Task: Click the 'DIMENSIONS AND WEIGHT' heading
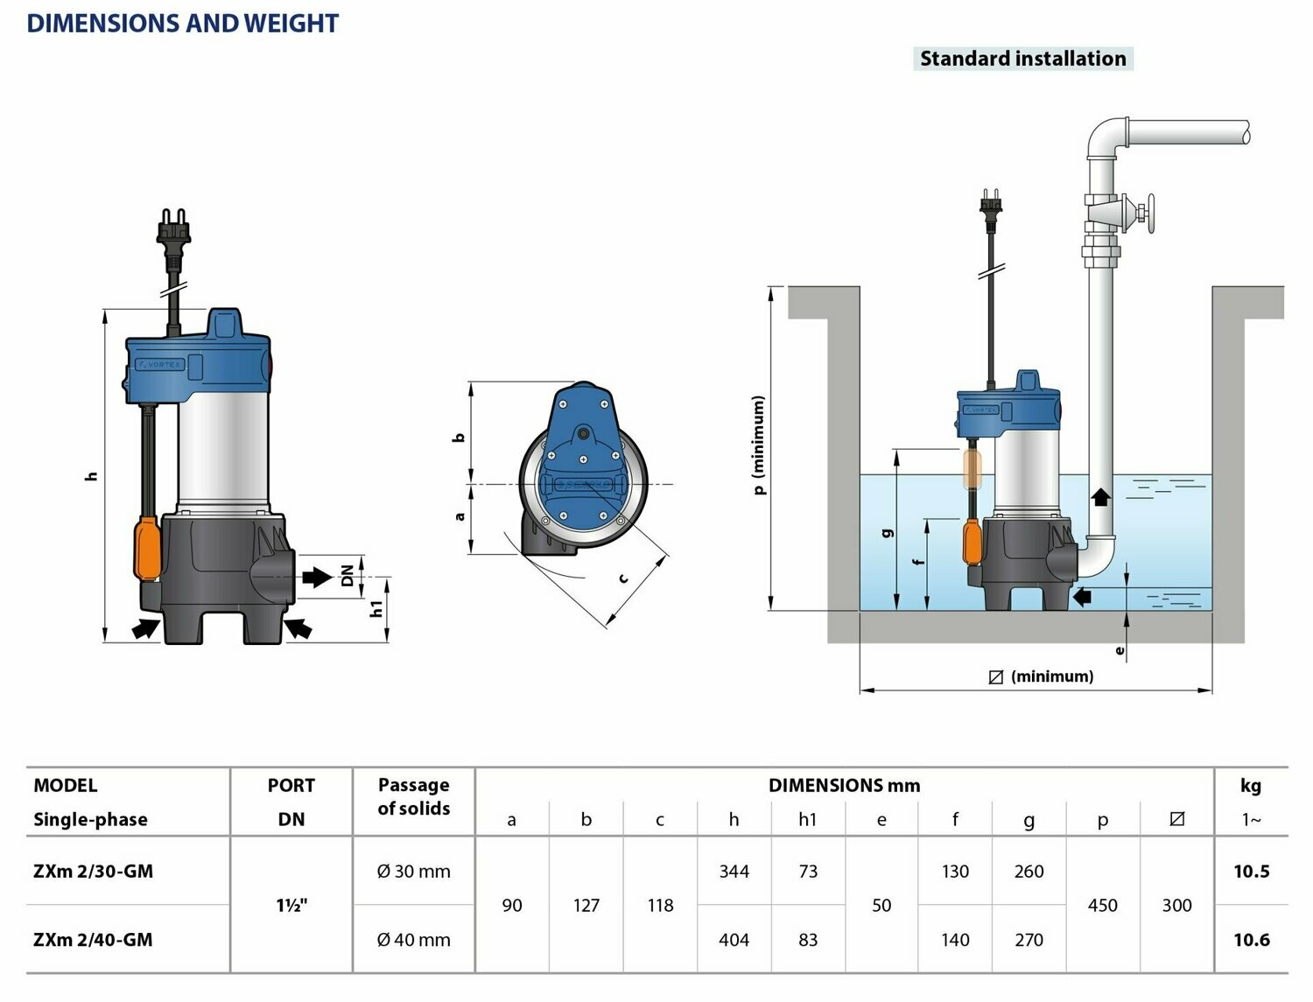[182, 24]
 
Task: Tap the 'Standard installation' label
[1022, 59]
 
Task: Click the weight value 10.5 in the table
[1251, 871]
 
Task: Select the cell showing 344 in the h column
[734, 871]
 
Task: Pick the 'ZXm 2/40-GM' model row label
[93, 940]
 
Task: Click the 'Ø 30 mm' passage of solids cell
[413, 871]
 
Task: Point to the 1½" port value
[291, 906]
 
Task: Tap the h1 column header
[807, 819]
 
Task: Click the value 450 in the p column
[1102, 906]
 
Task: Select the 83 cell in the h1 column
[807, 940]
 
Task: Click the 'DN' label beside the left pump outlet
[348, 575]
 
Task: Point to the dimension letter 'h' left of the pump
[91, 476]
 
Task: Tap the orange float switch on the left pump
[147, 548]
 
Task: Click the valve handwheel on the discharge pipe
[1147, 214]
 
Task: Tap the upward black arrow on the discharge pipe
[1100, 496]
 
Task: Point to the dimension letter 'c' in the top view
[623, 578]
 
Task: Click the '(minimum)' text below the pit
[1051, 676]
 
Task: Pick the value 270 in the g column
[1029, 940]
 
